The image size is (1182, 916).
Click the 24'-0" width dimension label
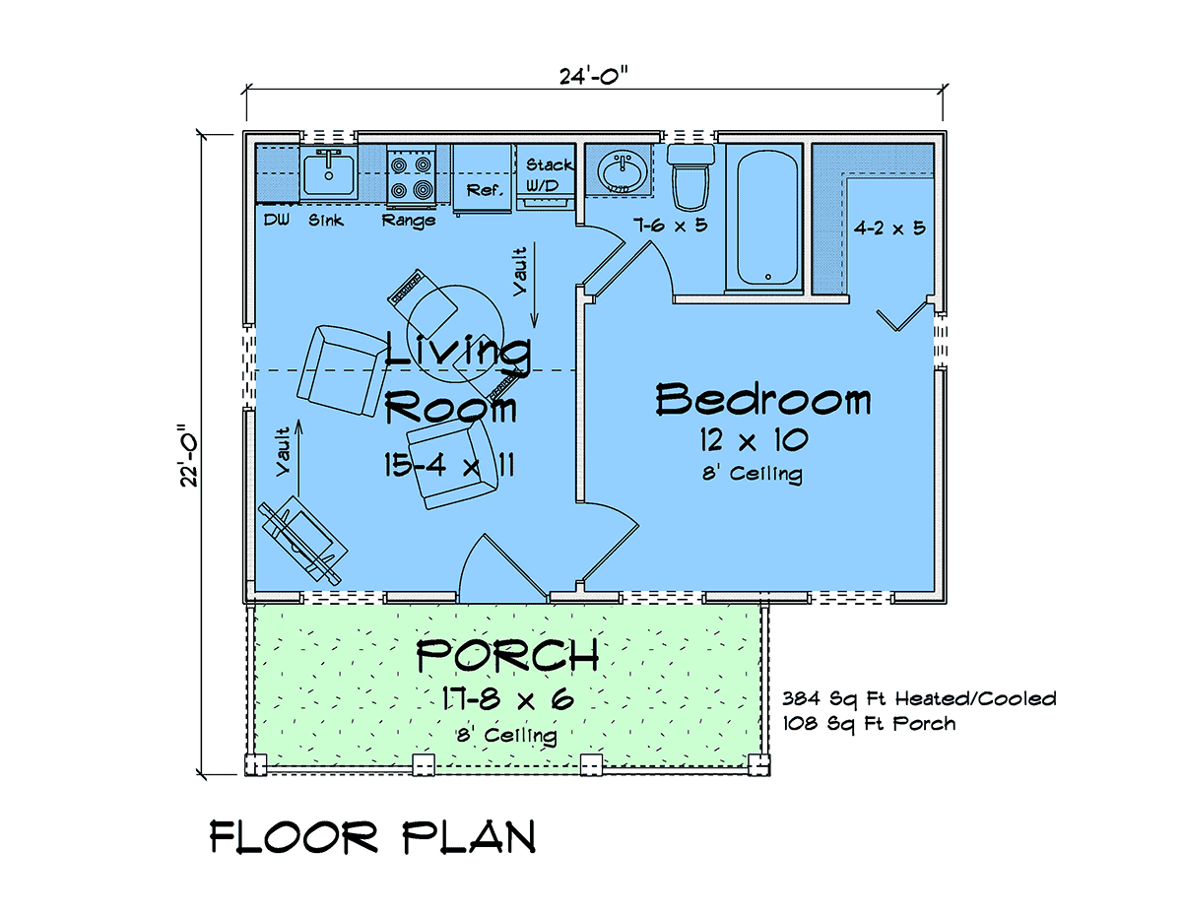click(593, 76)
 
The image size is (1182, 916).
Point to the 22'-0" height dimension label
click(189, 455)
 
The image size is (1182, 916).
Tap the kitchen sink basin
click(329, 174)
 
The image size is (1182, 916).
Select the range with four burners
click(411, 175)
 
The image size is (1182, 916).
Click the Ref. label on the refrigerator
click(485, 190)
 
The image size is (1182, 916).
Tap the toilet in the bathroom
click(690, 176)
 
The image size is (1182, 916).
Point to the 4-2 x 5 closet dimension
click(888, 228)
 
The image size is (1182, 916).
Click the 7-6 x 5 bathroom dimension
click(670, 225)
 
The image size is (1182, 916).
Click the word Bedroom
click(762, 399)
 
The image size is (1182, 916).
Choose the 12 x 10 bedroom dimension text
click(754, 440)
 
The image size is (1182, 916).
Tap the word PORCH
click(507, 655)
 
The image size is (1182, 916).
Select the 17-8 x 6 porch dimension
click(507, 698)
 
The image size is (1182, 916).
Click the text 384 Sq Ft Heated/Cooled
click(919, 698)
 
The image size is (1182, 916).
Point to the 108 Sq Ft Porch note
click(869, 724)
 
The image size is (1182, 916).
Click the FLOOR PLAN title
click(373, 837)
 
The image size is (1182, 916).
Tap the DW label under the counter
click(277, 220)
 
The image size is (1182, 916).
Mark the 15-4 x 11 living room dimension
click(449, 465)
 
